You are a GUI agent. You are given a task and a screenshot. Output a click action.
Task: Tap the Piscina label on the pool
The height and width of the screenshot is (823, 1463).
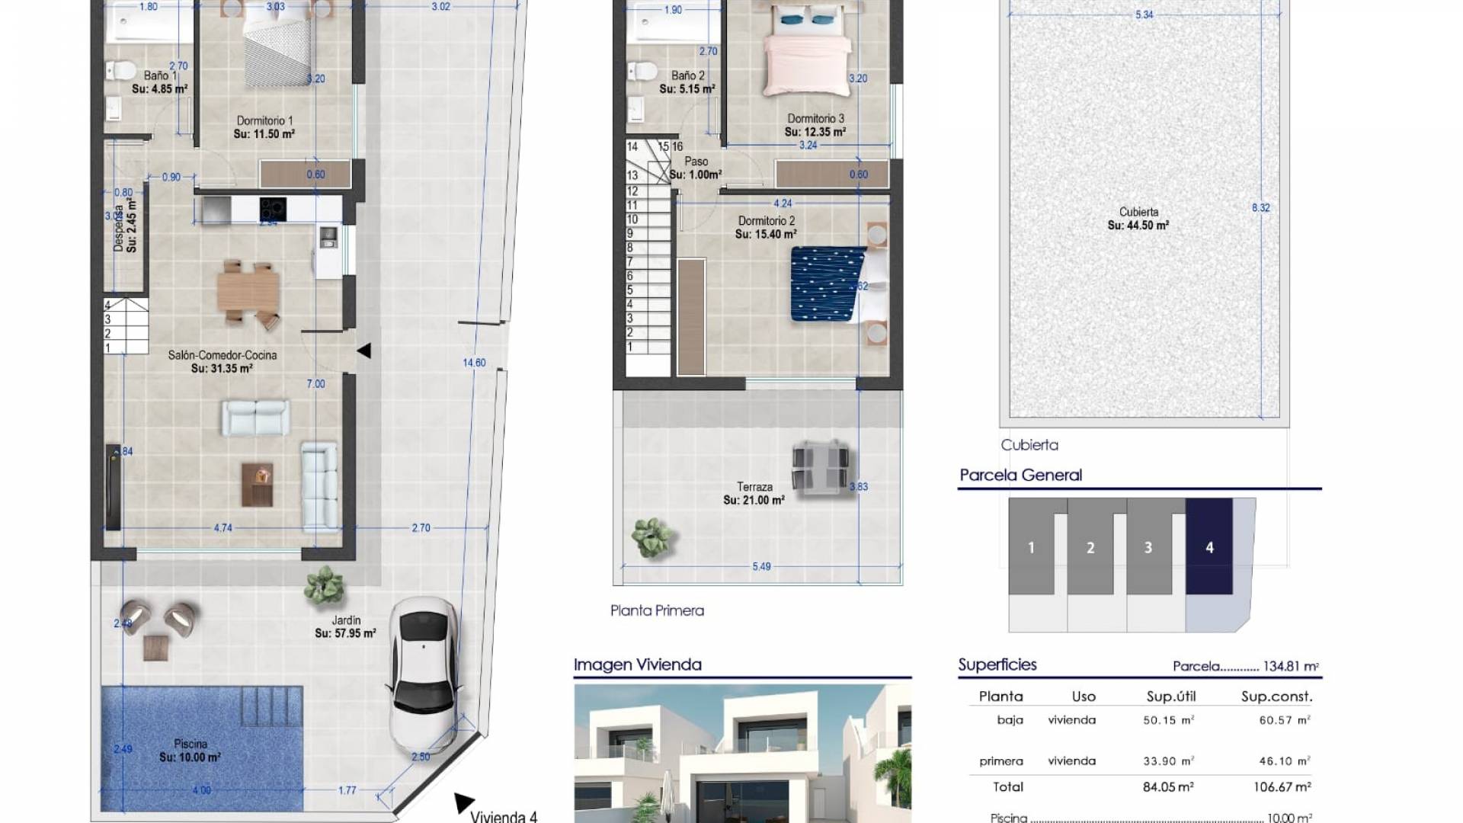[x=190, y=751]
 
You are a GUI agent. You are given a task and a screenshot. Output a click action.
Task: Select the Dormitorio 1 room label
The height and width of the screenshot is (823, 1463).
[x=264, y=126]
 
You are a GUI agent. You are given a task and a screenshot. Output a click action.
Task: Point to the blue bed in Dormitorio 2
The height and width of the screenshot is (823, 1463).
[x=828, y=283]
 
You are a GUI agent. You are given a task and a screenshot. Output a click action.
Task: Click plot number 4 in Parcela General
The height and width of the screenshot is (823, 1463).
[x=1208, y=547]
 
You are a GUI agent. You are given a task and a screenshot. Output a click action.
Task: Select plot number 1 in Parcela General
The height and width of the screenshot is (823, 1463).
[x=1031, y=547]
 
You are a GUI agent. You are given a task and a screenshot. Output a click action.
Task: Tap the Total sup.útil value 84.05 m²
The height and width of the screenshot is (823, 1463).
[x=1168, y=787]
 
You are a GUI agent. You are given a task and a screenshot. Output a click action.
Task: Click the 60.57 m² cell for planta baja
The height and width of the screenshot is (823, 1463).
[x=1284, y=720]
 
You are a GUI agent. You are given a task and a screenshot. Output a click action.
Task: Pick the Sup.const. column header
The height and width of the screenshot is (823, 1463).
[x=1276, y=697]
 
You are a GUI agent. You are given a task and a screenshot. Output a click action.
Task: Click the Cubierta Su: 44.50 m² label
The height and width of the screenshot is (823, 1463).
[x=1138, y=219]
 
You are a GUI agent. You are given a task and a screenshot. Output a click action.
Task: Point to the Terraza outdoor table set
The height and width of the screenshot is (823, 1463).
[x=820, y=466]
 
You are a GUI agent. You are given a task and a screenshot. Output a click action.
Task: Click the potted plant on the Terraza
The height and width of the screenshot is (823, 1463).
[x=652, y=537]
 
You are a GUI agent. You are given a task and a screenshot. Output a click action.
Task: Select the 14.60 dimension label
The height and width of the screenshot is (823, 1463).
[x=474, y=363]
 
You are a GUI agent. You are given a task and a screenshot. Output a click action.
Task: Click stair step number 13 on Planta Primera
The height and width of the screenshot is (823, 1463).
[x=632, y=175]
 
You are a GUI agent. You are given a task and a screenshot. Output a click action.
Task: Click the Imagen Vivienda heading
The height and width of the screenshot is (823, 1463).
[x=637, y=664]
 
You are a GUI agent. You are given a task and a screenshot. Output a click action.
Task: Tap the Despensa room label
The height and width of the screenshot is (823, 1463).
[x=125, y=226]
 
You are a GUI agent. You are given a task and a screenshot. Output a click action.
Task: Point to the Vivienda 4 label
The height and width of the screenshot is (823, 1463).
[x=504, y=816]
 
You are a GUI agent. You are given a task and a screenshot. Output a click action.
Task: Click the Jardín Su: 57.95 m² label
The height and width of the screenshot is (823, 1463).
[x=345, y=627]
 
